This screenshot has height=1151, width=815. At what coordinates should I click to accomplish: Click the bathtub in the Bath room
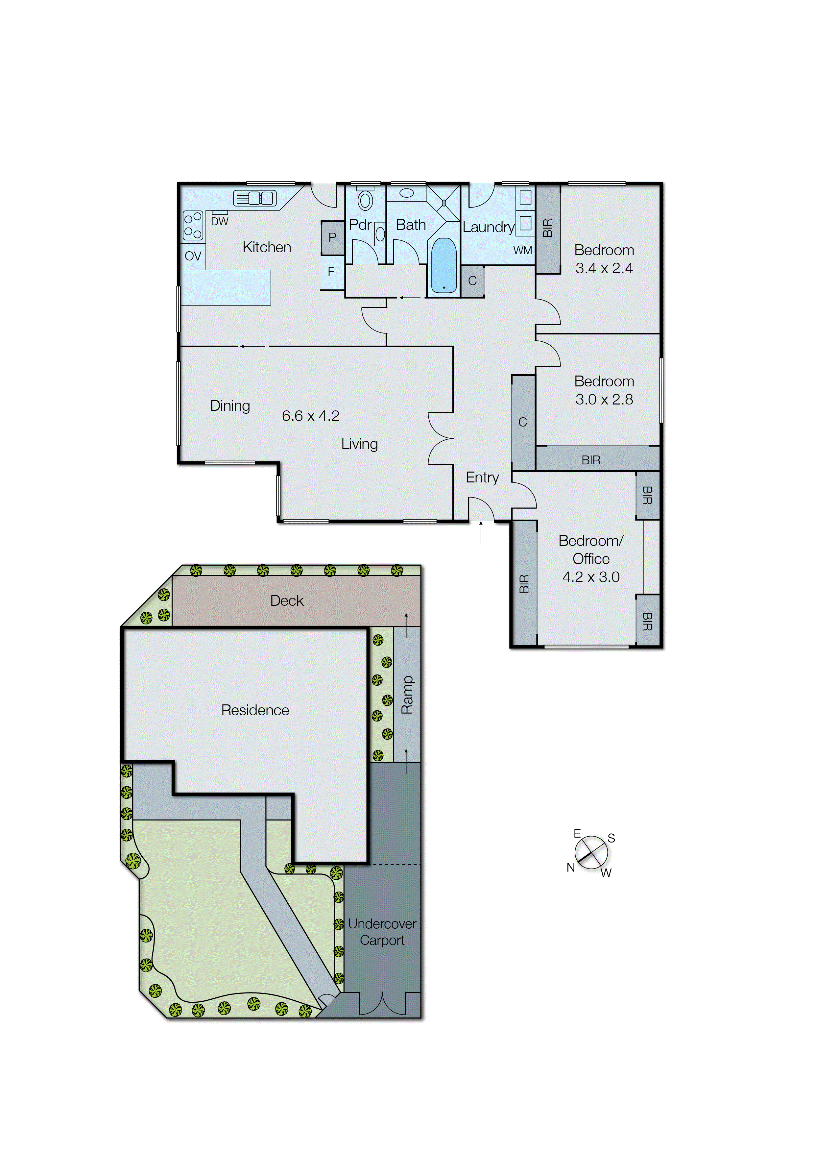coord(443,265)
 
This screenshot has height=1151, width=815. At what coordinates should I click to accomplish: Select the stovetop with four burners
coord(193,225)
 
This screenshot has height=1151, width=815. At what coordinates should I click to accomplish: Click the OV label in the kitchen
coord(193,256)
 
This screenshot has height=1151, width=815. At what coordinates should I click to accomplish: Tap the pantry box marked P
coord(332,237)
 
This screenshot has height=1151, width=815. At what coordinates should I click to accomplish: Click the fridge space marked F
coord(331,272)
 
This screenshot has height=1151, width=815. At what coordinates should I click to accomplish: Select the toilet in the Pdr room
coord(365,200)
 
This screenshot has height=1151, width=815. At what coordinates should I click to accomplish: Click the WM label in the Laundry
coord(522,250)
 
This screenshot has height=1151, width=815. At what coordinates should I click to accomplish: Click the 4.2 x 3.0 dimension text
coord(591,577)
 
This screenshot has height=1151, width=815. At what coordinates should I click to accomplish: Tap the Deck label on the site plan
coord(287,600)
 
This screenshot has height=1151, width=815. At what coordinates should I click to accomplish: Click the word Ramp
coord(407,695)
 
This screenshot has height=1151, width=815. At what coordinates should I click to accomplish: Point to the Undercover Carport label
coord(382,932)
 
